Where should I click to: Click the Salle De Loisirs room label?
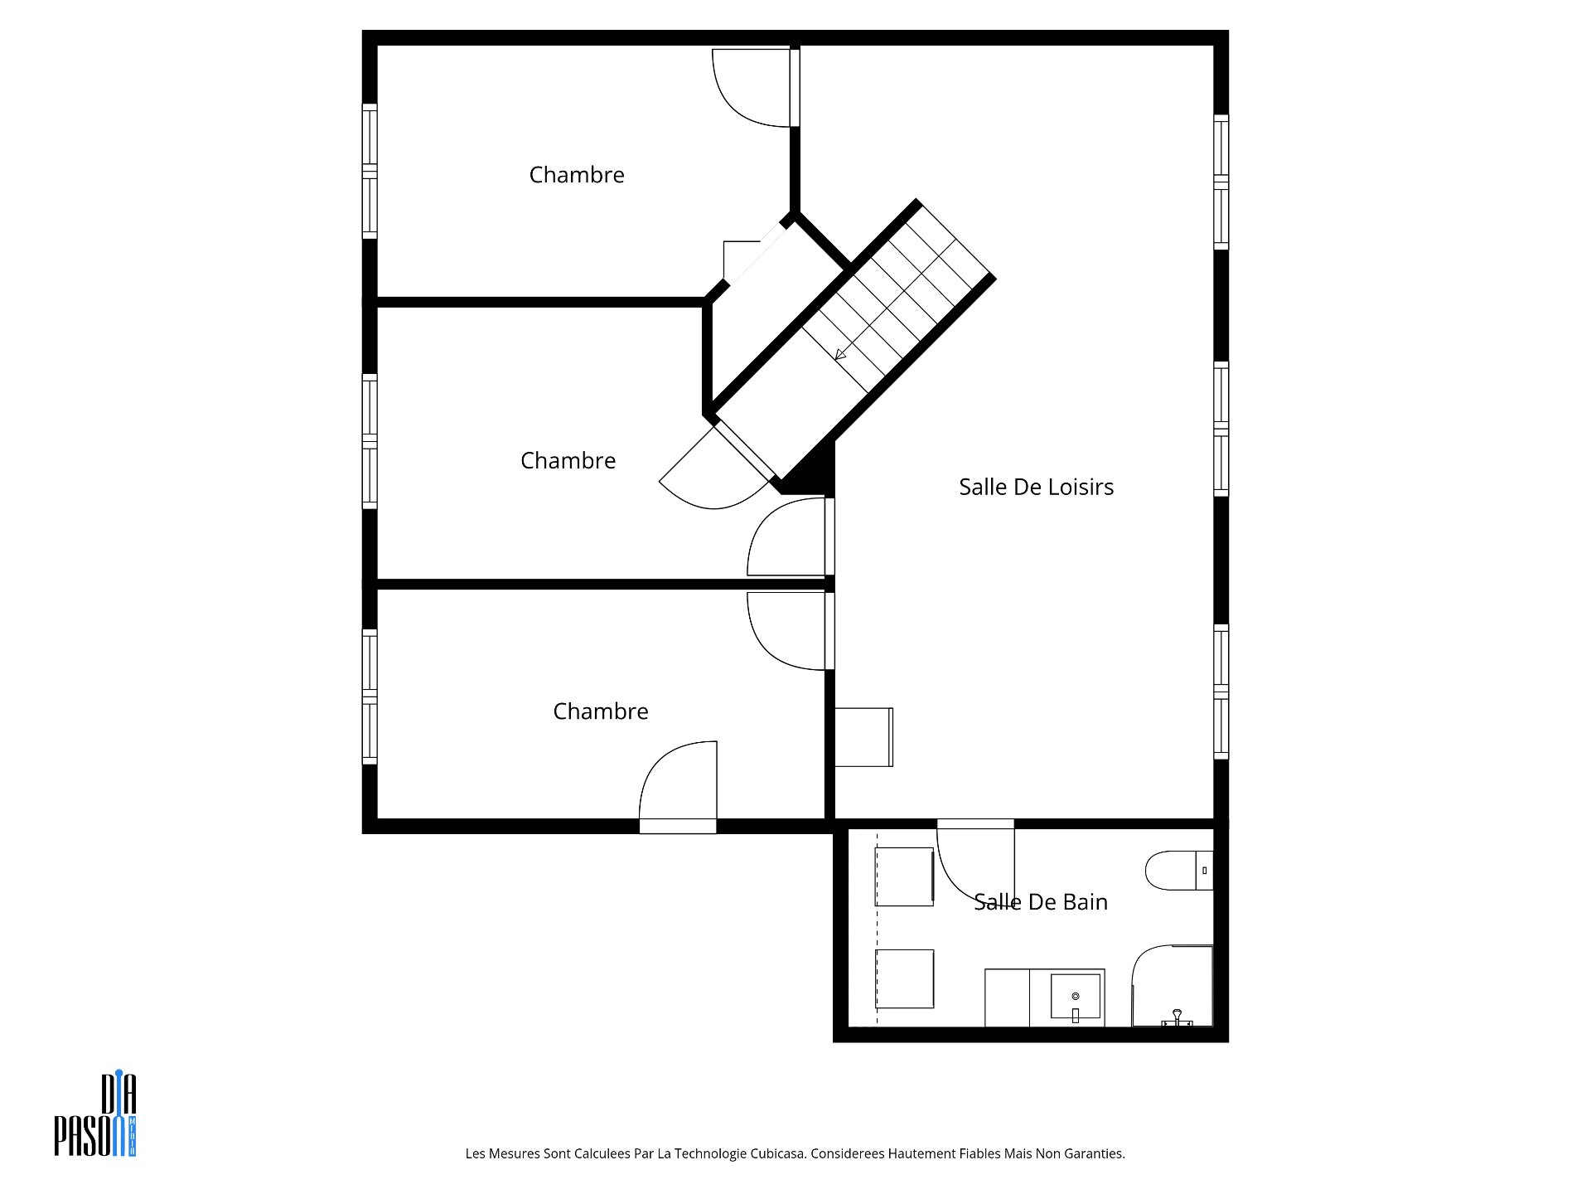pyautogui.click(x=1036, y=487)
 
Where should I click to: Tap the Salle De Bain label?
pyautogui.click(x=1041, y=901)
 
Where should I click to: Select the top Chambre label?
pyautogui.click(x=577, y=175)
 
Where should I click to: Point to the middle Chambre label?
pyautogui.click(x=568, y=461)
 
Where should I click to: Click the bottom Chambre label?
pyautogui.click(x=601, y=711)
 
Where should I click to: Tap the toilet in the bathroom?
pyautogui.click(x=1179, y=871)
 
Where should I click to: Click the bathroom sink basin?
pyautogui.click(x=1076, y=997)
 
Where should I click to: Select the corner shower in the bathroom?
pyautogui.click(x=1173, y=986)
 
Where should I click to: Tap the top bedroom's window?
pyautogui.click(x=370, y=172)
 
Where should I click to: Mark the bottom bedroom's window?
pyautogui.click(x=370, y=696)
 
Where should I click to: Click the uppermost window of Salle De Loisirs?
pyautogui.click(x=1221, y=182)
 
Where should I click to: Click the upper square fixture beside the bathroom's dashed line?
pyautogui.click(x=905, y=876)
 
